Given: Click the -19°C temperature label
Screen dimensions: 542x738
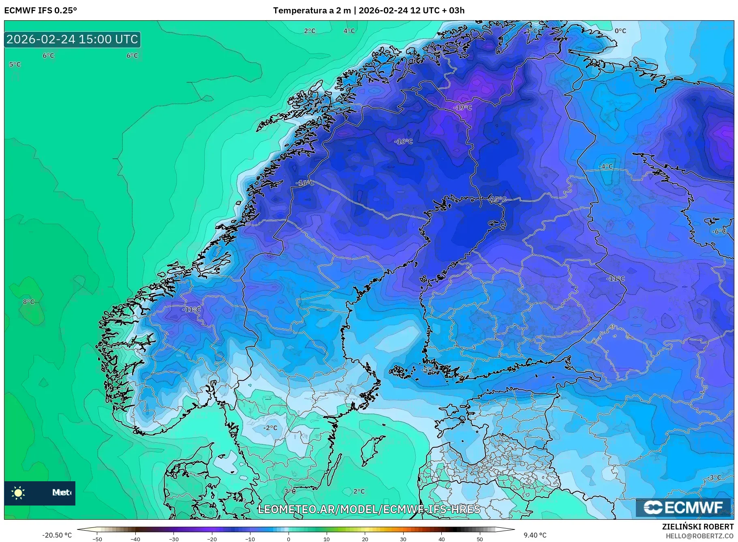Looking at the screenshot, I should pos(463,108).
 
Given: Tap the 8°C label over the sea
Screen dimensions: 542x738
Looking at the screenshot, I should pos(28,302).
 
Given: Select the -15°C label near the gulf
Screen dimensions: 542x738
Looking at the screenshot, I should pos(498,199).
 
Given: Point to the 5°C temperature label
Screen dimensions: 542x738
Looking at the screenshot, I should pos(15,64).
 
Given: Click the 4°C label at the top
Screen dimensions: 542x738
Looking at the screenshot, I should pos(349,31).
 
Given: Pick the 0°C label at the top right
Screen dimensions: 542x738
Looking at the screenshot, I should pos(620,31).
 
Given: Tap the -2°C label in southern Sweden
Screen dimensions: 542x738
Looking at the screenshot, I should pos(270,428).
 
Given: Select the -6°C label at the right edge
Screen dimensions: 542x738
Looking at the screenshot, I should pos(719,231).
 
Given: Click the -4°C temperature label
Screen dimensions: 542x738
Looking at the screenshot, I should pos(606,166).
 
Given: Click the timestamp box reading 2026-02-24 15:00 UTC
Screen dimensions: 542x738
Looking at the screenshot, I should pos(73,39).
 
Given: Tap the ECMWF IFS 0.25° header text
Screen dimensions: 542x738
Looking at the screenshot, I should pos(41,11).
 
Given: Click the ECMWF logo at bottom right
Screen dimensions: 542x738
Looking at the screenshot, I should pos(683,508).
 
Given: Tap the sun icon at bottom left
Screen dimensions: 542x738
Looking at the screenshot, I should pos(18,493).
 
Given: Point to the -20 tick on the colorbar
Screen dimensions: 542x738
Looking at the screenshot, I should pos(212,539).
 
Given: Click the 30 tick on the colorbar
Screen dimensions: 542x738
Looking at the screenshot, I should pos(403,539).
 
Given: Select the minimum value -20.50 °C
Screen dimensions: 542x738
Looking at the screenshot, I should pos(57,535).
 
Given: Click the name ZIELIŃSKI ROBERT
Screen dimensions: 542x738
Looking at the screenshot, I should pos(697,527).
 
